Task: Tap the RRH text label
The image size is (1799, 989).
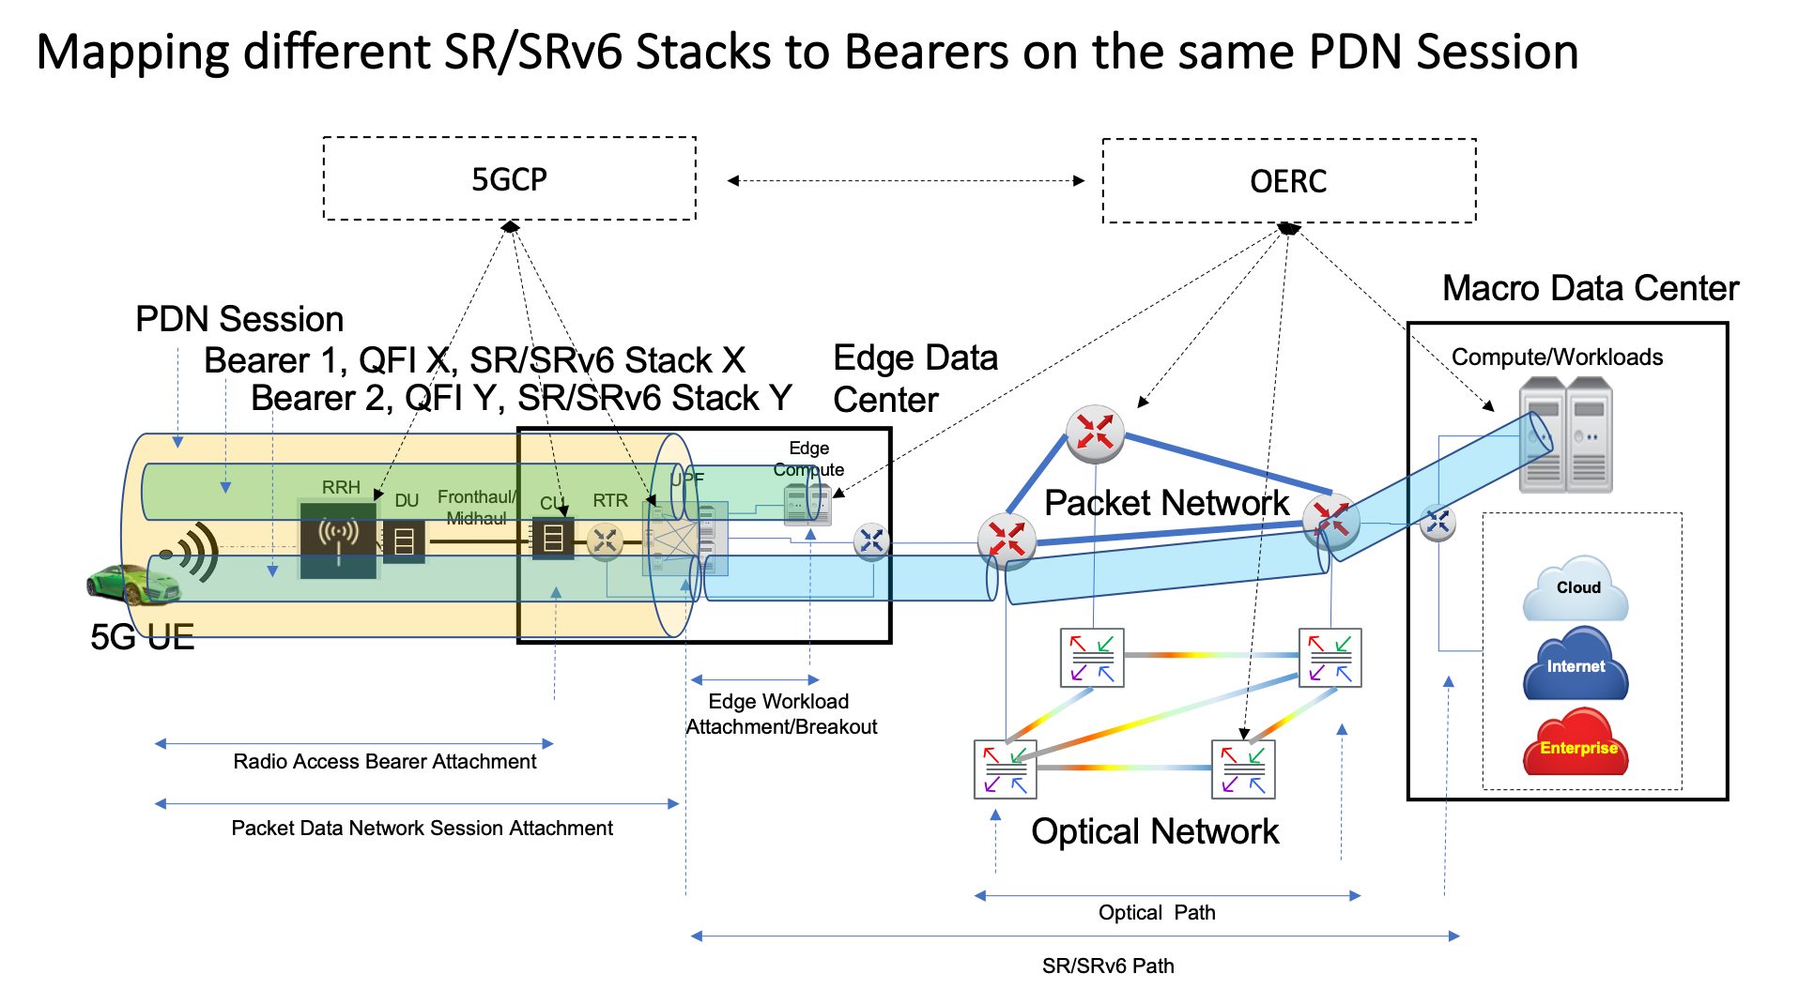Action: [341, 487]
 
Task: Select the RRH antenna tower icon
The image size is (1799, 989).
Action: [338, 539]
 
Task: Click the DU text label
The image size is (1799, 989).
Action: [407, 501]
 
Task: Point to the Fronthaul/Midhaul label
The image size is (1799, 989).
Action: [476, 507]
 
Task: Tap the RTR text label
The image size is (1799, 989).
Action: [610, 501]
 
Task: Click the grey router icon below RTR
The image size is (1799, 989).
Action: [605, 540]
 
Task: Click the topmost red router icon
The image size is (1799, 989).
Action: [1095, 434]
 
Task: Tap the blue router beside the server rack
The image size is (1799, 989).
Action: [1437, 523]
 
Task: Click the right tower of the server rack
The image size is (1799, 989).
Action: [1590, 435]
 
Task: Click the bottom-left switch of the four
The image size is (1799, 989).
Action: [1005, 769]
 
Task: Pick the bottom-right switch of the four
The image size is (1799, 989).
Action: [1243, 769]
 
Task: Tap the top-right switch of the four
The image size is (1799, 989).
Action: [1330, 658]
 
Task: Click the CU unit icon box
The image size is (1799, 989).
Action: [553, 538]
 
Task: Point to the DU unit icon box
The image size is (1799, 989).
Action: [405, 541]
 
